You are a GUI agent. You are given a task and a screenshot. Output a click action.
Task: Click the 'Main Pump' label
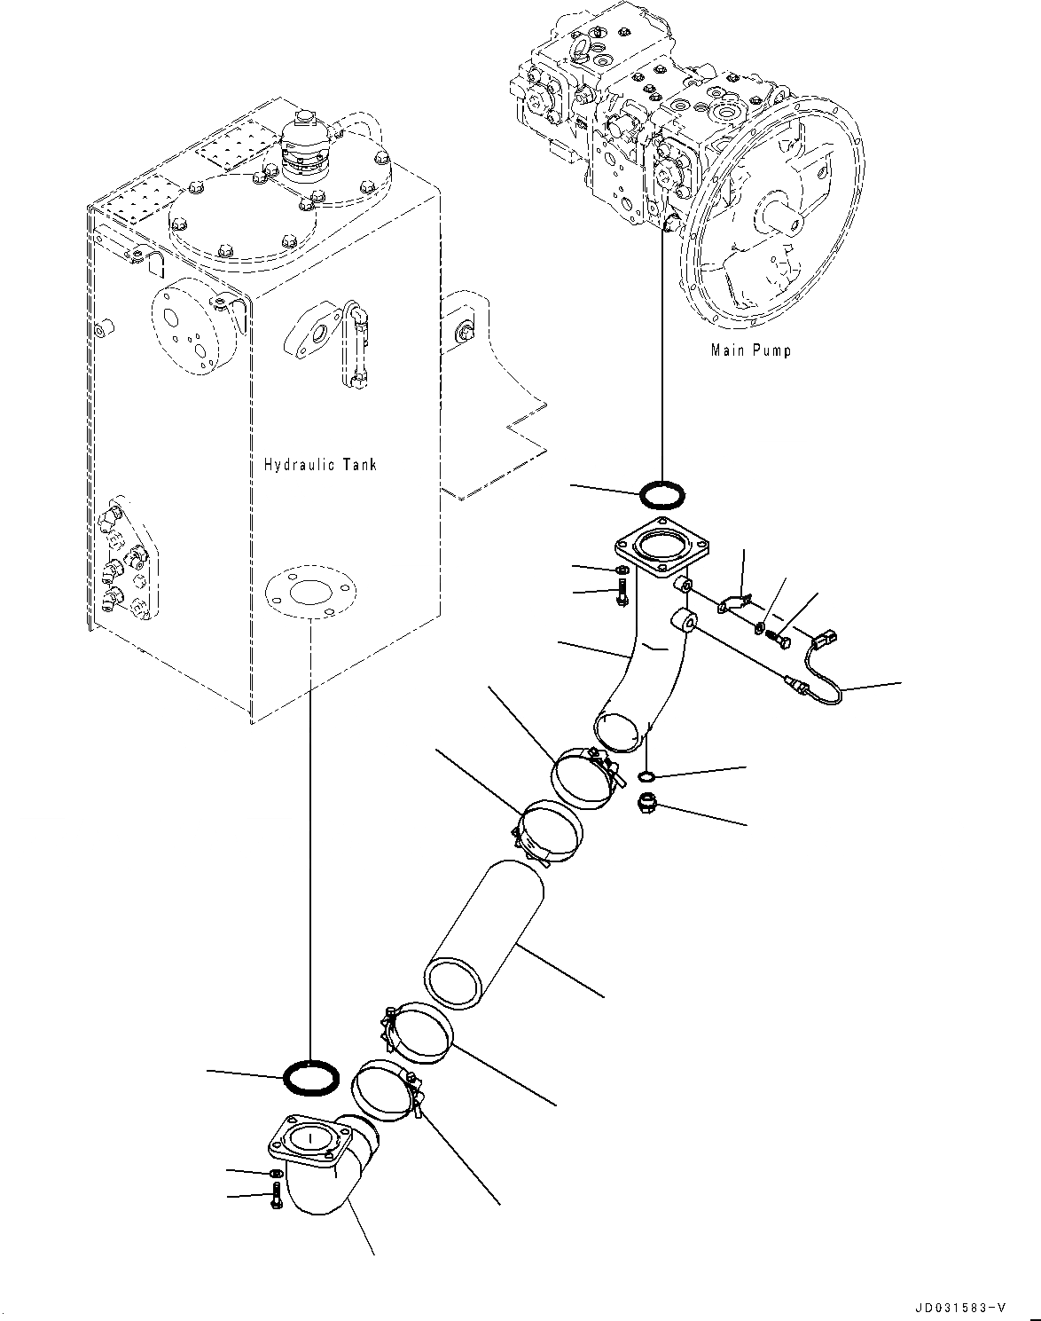(x=750, y=350)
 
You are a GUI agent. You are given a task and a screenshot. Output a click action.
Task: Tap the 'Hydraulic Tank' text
(x=320, y=464)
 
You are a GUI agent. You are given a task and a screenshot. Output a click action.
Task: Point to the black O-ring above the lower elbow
(x=310, y=1079)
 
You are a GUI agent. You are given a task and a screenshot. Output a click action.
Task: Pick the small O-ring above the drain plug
(x=647, y=778)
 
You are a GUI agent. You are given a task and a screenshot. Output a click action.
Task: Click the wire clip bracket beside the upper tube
(x=735, y=603)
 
